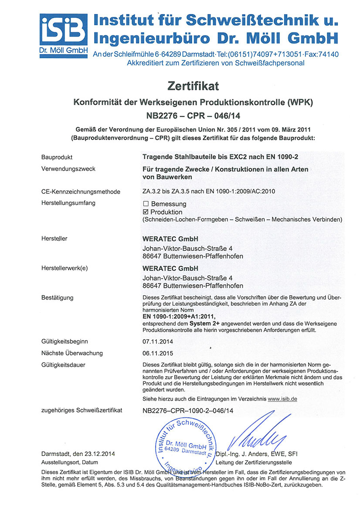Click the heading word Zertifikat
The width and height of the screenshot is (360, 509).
[x=192, y=86]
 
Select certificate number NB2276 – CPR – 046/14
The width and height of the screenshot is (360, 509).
[x=192, y=116]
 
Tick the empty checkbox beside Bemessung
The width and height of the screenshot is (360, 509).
[x=146, y=204]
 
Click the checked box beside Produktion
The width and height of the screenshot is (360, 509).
[x=146, y=212]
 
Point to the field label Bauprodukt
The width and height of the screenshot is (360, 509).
[x=57, y=157]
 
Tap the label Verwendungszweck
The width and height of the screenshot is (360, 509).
[x=68, y=169]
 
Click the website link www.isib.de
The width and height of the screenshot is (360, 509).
[x=282, y=399]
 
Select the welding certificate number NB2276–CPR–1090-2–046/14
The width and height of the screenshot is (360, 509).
[x=188, y=410]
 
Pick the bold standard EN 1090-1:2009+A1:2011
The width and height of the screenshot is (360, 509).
[x=179, y=317]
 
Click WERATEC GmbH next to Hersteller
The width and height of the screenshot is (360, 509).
[x=170, y=239]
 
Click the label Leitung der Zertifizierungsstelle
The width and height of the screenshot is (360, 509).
[x=254, y=462]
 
